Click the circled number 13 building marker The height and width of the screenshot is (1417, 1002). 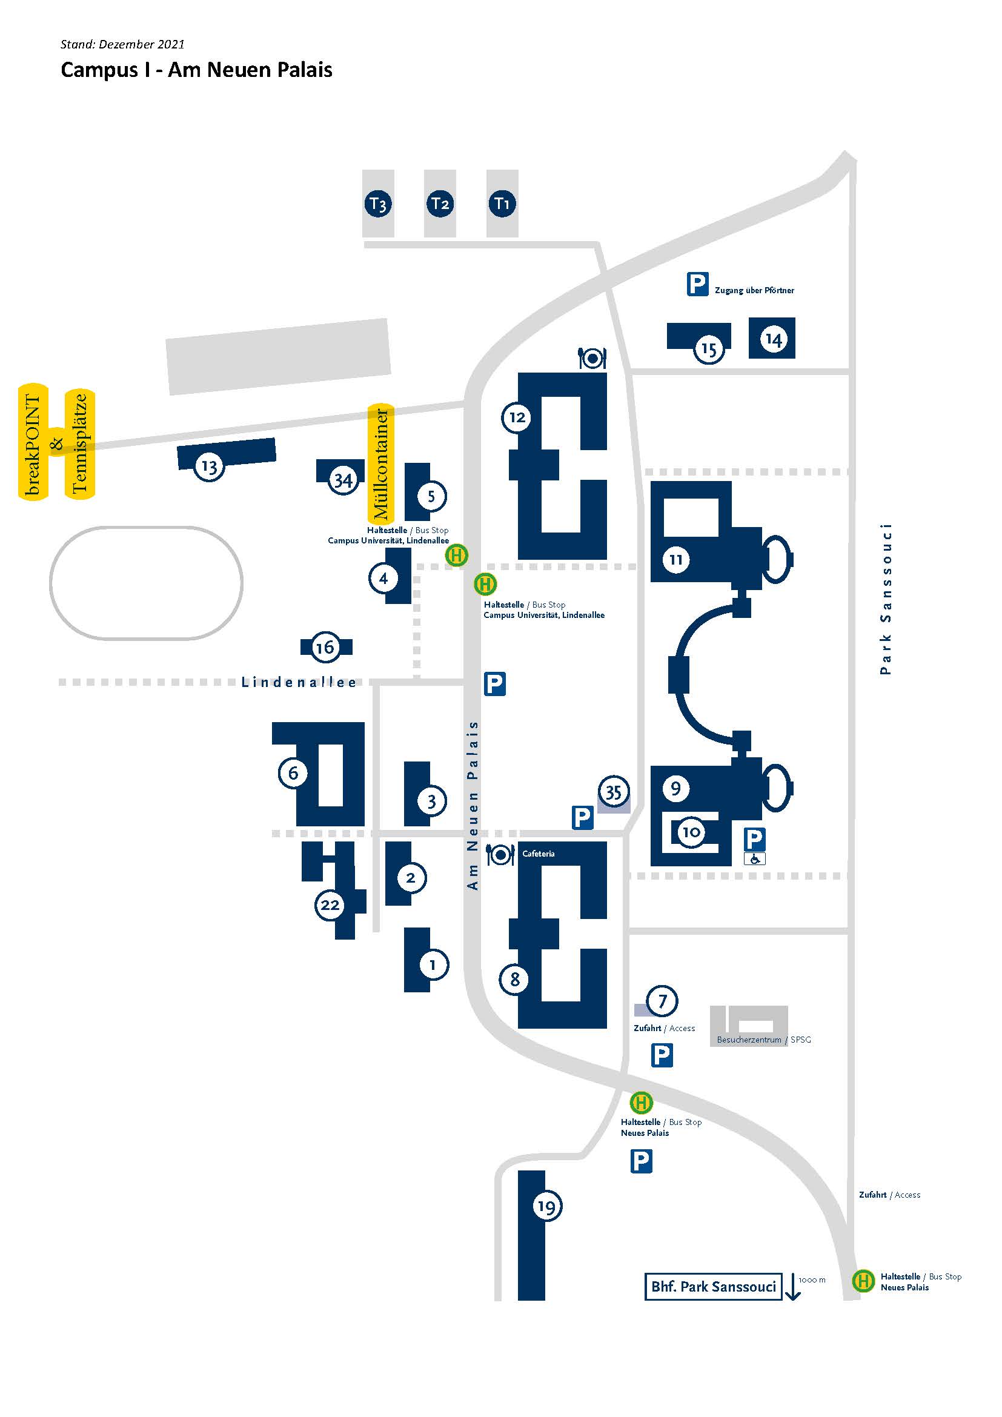click(x=209, y=467)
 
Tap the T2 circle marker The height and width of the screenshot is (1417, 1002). click(x=440, y=204)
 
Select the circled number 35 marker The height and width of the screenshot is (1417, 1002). click(x=613, y=791)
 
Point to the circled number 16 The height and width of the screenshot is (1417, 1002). click(x=325, y=647)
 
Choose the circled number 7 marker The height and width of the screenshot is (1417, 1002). click(x=662, y=1000)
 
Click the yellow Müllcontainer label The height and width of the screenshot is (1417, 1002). click(x=380, y=463)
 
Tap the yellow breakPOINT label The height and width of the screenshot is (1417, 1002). click(x=33, y=442)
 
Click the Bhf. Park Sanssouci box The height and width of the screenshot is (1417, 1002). click(x=713, y=1286)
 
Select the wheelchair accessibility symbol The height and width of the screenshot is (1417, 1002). click(x=755, y=858)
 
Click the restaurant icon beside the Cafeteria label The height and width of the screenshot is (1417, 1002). click(x=500, y=855)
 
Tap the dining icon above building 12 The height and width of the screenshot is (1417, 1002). click(x=592, y=358)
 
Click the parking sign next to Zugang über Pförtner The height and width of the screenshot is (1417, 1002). click(x=697, y=285)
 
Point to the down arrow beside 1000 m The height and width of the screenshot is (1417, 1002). click(x=793, y=1288)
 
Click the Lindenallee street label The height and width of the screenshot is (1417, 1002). click(x=299, y=682)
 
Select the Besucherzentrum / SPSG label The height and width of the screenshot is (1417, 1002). click(x=764, y=1040)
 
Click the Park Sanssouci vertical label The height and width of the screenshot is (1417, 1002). click(x=886, y=599)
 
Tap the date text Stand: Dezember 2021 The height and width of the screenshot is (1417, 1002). click(x=122, y=44)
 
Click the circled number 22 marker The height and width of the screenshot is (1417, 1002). click(x=330, y=904)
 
